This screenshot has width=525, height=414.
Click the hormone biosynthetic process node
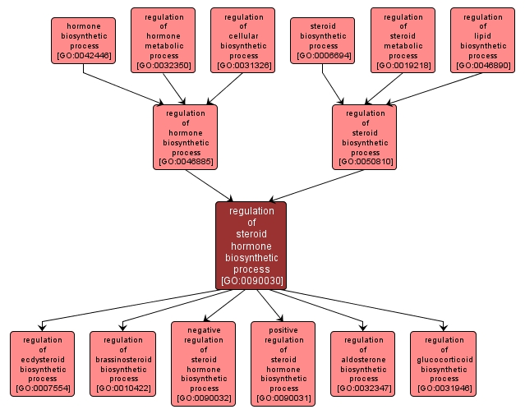click(83, 41)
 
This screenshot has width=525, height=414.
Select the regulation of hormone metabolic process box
click(163, 40)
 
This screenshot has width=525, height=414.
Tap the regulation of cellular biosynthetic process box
click(242, 40)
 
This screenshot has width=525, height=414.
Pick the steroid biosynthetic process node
click(323, 41)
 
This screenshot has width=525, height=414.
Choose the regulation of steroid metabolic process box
click(403, 40)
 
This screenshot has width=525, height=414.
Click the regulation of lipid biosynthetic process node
click(482, 40)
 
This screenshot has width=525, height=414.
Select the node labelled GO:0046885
click(186, 137)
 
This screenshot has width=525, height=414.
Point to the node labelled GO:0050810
click(365, 137)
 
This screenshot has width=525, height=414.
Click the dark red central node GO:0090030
click(251, 246)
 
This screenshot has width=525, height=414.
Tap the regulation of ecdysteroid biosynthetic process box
click(43, 364)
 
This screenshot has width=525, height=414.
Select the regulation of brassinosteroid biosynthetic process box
click(122, 364)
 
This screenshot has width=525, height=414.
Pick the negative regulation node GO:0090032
click(203, 364)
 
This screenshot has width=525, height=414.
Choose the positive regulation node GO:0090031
click(283, 364)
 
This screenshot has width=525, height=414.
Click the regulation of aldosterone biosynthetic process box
click(363, 364)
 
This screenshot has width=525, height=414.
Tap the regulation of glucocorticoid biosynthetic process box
click(444, 364)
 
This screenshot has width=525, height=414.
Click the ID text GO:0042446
click(83, 56)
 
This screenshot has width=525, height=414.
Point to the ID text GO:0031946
click(444, 389)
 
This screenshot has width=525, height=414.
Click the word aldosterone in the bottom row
click(363, 359)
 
